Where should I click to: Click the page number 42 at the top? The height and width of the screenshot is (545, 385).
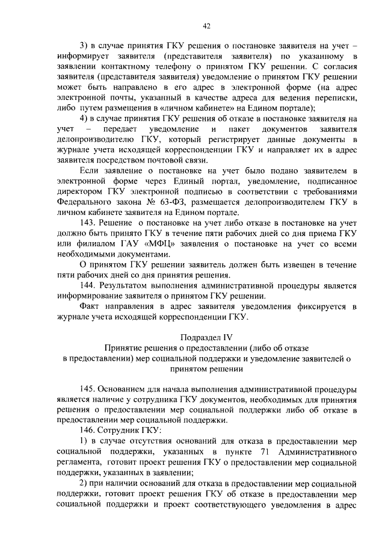pyautogui.click(x=206, y=26)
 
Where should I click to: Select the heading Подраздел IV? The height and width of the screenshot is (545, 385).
pyautogui.click(x=206, y=337)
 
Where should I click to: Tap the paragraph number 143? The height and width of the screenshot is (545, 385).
pyautogui.click(x=88, y=222)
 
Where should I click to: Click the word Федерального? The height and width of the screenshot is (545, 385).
pyautogui.click(x=81, y=202)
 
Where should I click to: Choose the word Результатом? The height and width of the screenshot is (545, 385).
pyautogui.click(x=126, y=284)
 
